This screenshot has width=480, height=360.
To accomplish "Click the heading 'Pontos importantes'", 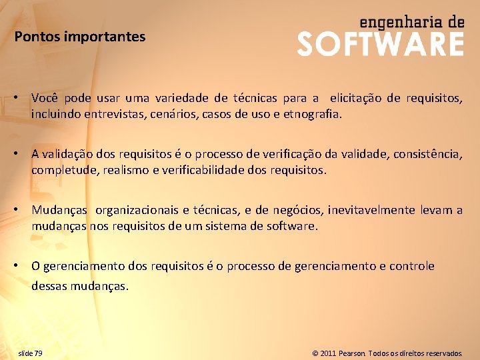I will pos(80,37).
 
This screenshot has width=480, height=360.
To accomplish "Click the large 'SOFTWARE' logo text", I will pos(380,45).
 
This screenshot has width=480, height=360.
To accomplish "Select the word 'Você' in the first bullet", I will pos(44,98).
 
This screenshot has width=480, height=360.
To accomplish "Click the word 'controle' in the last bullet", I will pos(412,266).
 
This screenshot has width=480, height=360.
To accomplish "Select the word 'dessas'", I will pos(49,287).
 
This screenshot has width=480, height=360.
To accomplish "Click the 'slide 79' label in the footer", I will pos(30,353).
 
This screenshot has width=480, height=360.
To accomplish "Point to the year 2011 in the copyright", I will pos(327,353).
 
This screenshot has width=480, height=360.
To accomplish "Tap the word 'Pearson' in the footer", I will pos(352,353).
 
